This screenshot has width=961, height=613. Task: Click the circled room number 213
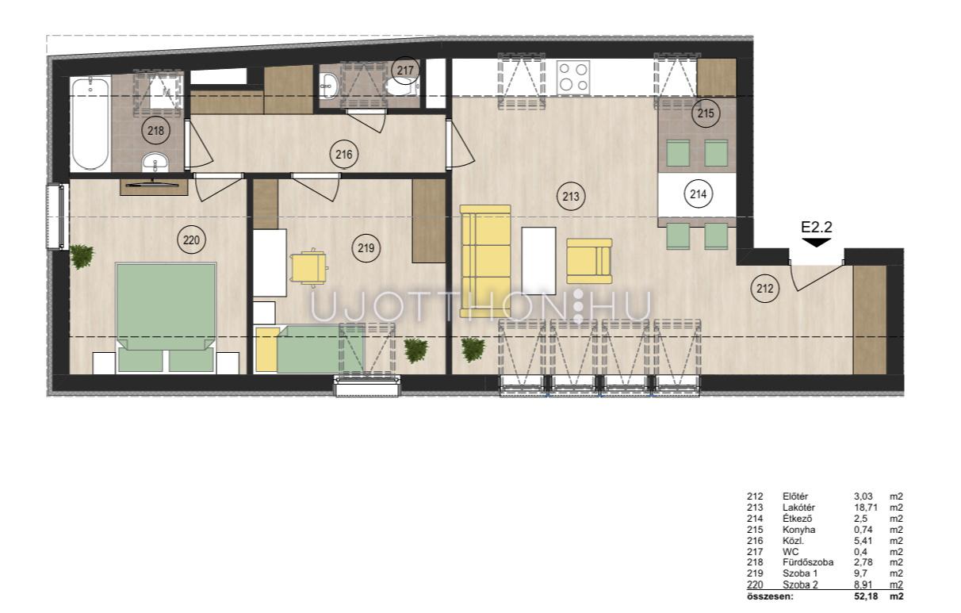click(x=571, y=197)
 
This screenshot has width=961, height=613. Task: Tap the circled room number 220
click(x=191, y=239)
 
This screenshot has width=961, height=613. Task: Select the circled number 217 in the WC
click(x=405, y=71)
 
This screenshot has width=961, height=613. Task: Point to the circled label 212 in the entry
click(x=765, y=289)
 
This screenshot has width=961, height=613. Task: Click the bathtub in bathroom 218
click(x=90, y=124)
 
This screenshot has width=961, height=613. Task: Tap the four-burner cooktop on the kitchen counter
click(x=573, y=77)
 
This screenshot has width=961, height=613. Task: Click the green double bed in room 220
click(x=166, y=317)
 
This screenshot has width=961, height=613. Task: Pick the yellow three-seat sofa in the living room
click(x=485, y=261)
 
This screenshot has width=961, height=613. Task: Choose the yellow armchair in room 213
click(x=589, y=261)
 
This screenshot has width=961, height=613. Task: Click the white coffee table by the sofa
click(x=538, y=260)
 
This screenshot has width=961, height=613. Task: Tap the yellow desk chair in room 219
click(x=309, y=268)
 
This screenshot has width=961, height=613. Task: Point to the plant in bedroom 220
click(x=82, y=256)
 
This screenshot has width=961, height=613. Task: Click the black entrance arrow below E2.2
click(x=817, y=243)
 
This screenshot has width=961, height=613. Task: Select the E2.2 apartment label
click(x=817, y=227)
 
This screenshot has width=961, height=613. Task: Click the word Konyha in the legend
click(x=798, y=530)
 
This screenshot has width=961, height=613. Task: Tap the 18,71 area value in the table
click(x=866, y=508)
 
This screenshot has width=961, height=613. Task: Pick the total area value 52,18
click(x=866, y=596)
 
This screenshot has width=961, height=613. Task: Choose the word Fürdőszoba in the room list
click(x=808, y=562)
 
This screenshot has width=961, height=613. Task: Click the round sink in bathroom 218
click(x=155, y=162)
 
